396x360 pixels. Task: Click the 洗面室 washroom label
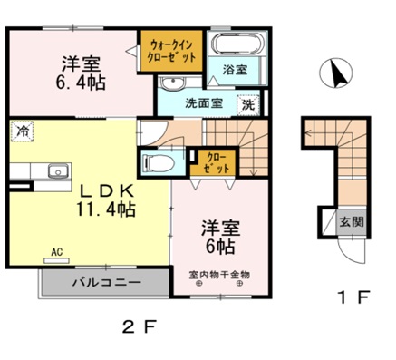pyautogui.click(x=204, y=103)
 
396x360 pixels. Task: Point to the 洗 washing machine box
pyautogui.click(x=247, y=104)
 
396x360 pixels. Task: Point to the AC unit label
pyautogui.click(x=54, y=251)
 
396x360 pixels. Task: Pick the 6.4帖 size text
pyautogui.click(x=81, y=83)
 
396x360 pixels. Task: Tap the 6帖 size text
pyautogui.click(x=218, y=245)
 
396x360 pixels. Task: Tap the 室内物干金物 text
pyautogui.click(x=220, y=274)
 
